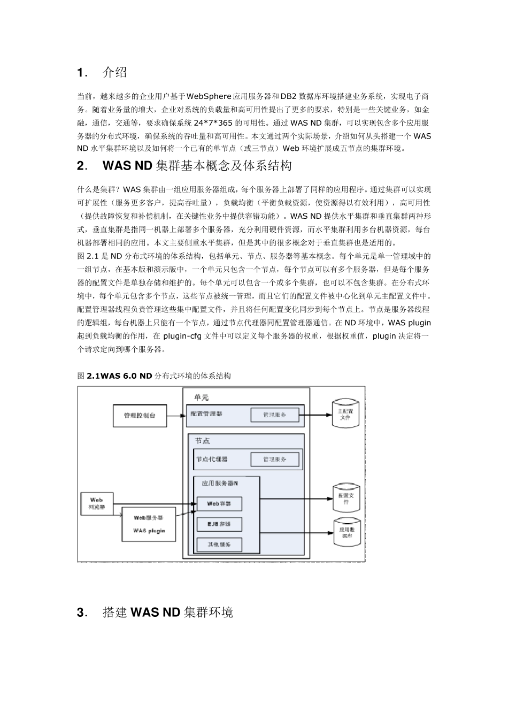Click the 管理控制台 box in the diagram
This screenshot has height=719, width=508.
click(x=140, y=415)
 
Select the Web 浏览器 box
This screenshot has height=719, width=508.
click(x=96, y=503)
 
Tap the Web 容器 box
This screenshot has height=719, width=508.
click(x=219, y=503)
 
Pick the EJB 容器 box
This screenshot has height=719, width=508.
click(x=219, y=524)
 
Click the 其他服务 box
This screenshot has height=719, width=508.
click(x=219, y=544)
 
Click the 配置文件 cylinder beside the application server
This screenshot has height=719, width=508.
click(x=346, y=499)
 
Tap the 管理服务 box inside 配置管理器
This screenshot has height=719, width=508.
click(x=274, y=415)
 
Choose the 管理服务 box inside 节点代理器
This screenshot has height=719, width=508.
click(x=274, y=459)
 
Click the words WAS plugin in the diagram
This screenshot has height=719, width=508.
click(x=149, y=531)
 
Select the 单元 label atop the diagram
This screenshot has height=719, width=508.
click(x=202, y=397)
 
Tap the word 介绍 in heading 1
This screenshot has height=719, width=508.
click(x=114, y=72)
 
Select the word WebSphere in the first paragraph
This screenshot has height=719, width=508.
click(x=209, y=96)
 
